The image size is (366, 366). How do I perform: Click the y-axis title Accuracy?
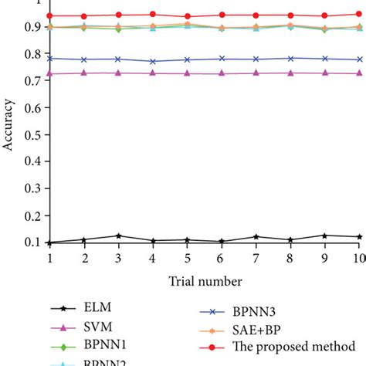click(9, 136)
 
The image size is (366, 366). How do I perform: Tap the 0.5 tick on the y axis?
click(30, 135)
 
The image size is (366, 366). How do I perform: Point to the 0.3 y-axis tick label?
click(30, 189)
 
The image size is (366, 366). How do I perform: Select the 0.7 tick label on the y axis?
click(30, 81)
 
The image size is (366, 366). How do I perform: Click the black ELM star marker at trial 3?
click(118, 236)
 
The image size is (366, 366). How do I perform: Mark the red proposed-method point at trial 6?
click(222, 15)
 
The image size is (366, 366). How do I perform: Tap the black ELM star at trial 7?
click(256, 236)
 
